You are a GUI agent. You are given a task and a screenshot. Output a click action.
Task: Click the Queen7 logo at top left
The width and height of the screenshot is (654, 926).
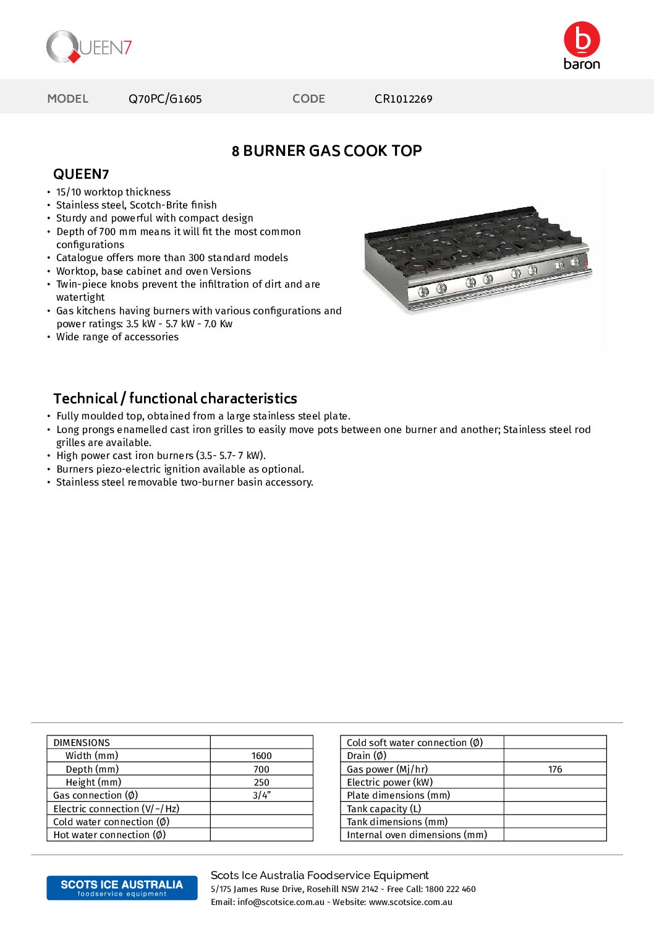click(x=89, y=47)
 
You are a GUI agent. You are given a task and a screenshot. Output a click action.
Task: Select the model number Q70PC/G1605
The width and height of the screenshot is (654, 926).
click(x=165, y=99)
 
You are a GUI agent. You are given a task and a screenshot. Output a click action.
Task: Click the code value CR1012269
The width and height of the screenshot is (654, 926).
click(x=403, y=99)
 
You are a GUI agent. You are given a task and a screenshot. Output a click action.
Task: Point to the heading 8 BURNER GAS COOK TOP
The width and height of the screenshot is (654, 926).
click(x=326, y=151)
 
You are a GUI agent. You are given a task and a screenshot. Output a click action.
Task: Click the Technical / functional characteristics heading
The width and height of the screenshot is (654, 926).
click(x=175, y=398)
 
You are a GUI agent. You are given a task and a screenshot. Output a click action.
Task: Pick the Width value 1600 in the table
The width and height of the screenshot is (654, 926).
click(x=261, y=756)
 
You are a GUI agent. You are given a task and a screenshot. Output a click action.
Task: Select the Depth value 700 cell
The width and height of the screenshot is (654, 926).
click(x=261, y=770)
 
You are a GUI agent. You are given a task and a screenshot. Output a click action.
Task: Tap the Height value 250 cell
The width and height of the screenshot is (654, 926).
click(x=261, y=782)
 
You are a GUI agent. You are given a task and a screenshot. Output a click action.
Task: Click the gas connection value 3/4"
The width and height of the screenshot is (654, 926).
click(x=261, y=795)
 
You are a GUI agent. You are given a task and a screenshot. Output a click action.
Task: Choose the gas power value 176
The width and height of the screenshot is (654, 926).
click(x=555, y=770)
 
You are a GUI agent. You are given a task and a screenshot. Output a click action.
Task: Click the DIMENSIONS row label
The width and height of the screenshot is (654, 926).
click(x=82, y=743)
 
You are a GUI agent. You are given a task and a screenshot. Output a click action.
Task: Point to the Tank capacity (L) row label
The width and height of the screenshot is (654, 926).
click(x=384, y=809)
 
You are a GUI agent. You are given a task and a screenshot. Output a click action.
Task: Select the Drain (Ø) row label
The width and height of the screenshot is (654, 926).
click(x=367, y=756)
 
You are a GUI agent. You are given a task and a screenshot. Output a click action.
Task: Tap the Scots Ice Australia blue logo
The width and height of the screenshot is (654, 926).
click(x=122, y=888)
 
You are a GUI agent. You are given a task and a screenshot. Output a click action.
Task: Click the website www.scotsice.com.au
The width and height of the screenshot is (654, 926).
click(x=410, y=902)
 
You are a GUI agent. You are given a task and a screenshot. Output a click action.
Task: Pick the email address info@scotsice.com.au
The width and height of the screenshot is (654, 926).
click(x=281, y=902)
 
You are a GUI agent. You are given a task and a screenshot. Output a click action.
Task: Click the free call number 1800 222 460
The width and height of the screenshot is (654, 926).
click(x=450, y=889)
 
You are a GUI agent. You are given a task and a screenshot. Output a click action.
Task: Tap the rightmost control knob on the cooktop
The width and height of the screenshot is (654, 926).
click(x=574, y=262)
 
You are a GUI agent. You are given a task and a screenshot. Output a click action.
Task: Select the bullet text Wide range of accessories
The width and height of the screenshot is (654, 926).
click(x=117, y=337)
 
